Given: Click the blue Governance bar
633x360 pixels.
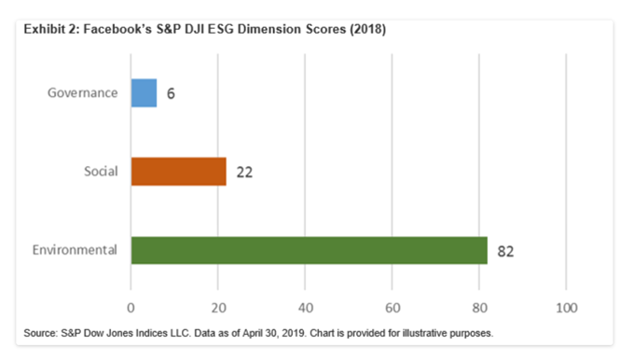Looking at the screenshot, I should [x=144, y=93].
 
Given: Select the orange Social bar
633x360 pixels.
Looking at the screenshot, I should [x=178, y=172].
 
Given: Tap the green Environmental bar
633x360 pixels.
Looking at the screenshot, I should [x=309, y=250].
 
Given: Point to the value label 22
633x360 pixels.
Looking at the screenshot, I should [x=244, y=173].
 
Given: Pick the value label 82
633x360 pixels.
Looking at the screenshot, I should [x=506, y=251].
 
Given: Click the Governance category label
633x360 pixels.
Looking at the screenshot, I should [x=83, y=93].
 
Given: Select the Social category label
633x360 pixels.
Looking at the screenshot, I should [x=100, y=172].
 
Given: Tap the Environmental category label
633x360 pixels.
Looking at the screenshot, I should [x=75, y=250].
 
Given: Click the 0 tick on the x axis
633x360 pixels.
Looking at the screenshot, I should [x=131, y=306].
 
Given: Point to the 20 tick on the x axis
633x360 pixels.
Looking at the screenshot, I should [x=217, y=306].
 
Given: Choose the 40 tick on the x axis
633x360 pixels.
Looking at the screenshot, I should [x=305, y=306].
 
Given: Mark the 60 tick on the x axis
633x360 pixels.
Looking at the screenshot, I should [x=392, y=306].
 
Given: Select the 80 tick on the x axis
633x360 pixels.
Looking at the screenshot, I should [x=478, y=306].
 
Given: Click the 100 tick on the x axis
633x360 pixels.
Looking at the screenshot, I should [x=565, y=306].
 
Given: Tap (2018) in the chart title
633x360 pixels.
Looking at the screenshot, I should [x=365, y=29].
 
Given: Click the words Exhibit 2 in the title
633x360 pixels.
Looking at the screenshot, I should [x=47, y=29].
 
